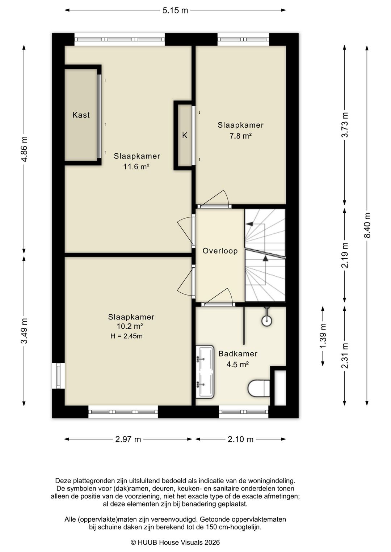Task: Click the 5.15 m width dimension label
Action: [175, 10]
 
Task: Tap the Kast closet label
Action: [81, 115]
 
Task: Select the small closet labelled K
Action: [185, 135]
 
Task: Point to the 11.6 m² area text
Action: [136, 167]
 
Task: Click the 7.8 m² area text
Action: [240, 136]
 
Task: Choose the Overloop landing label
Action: [220, 251]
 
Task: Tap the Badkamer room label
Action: [238, 354]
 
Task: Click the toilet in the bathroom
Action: [259, 388]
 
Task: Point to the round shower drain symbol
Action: [267, 320]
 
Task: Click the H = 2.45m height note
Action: [126, 336]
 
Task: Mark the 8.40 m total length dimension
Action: [367, 225]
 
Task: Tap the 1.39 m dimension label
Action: [323, 336]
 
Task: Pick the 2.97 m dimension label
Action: [128, 440]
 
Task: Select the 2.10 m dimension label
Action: [240, 440]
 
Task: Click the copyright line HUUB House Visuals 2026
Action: [175, 542]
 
